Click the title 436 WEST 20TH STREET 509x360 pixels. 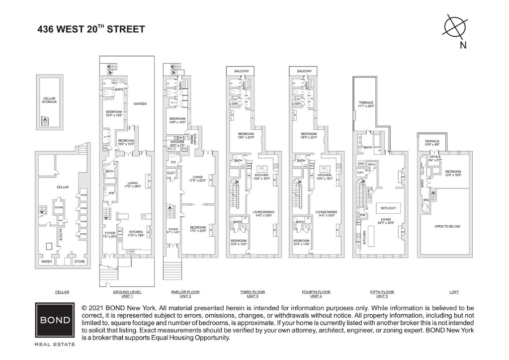coord(91,29)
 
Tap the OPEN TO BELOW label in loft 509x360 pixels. coord(448,226)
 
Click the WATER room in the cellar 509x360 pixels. coord(46,261)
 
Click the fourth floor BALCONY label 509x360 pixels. coord(304,71)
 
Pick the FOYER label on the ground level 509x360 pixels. coord(109,234)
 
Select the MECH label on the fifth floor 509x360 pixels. coord(371,164)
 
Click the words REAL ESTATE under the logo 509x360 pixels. coord(55,344)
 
